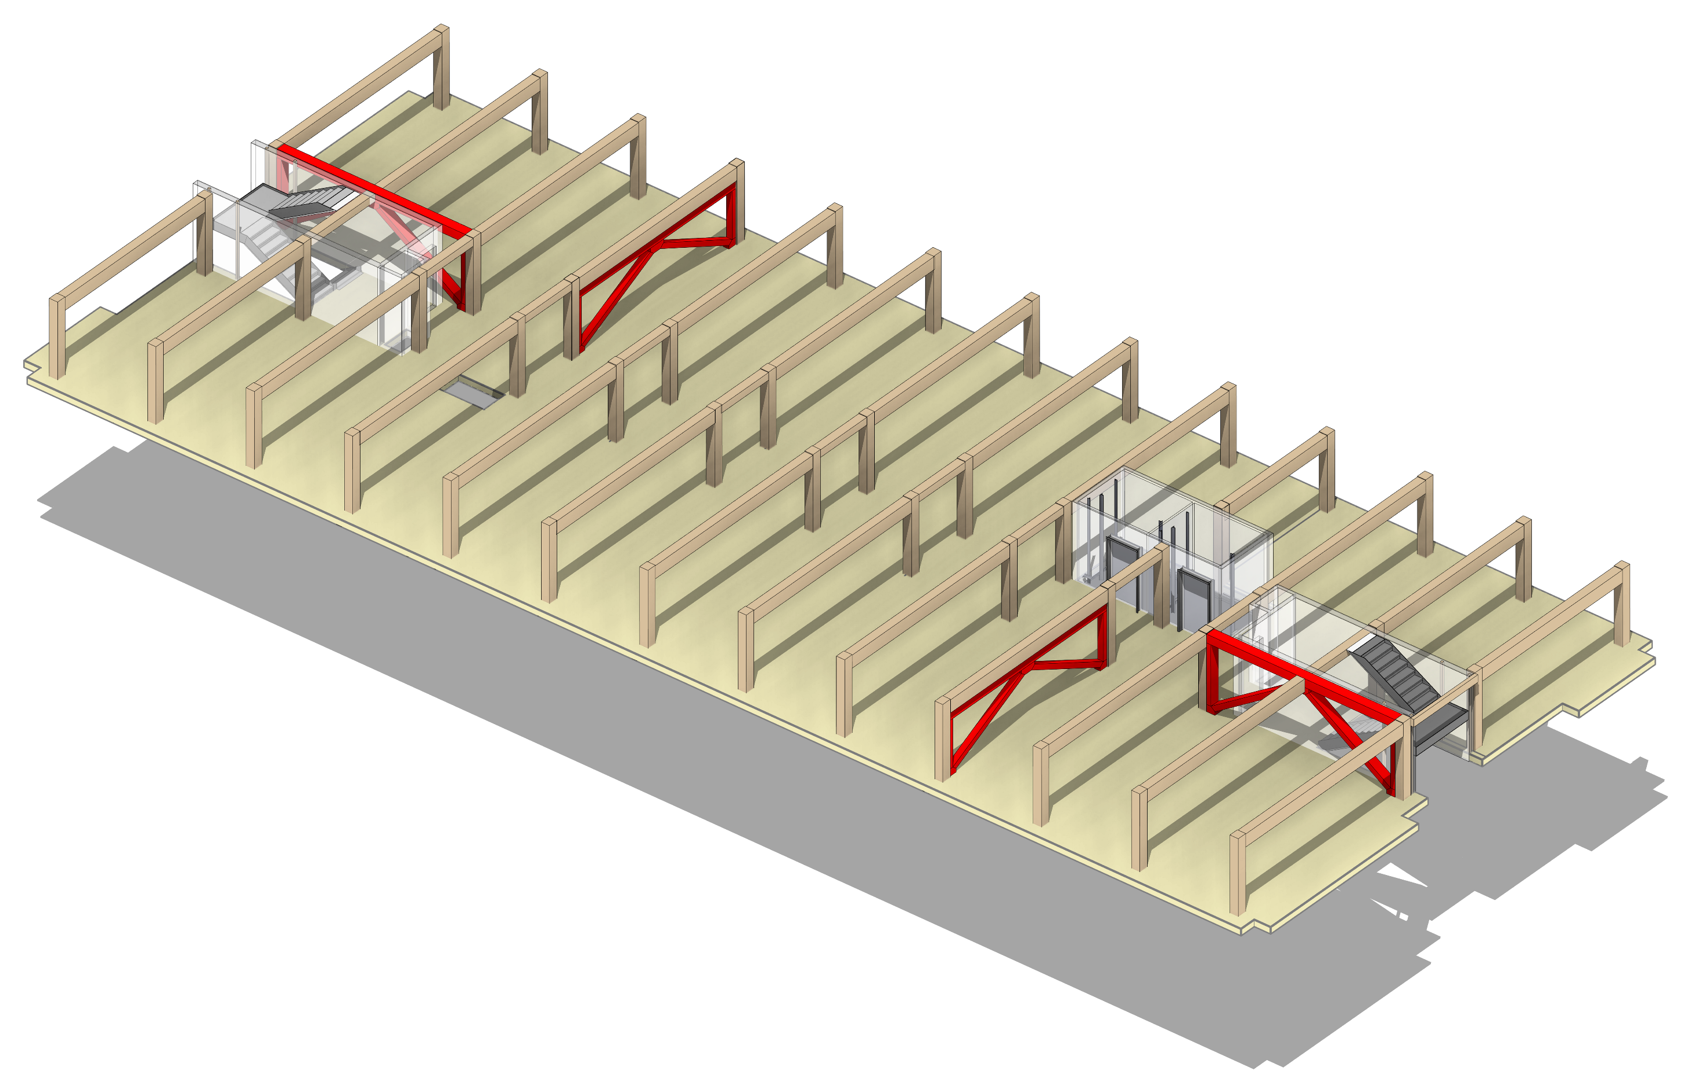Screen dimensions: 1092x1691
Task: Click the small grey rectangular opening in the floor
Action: (472, 392)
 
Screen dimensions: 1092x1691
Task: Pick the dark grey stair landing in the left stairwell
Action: (294, 207)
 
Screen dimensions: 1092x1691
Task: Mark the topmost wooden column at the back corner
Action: (441, 67)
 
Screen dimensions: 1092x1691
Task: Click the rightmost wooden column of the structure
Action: (1621, 603)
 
